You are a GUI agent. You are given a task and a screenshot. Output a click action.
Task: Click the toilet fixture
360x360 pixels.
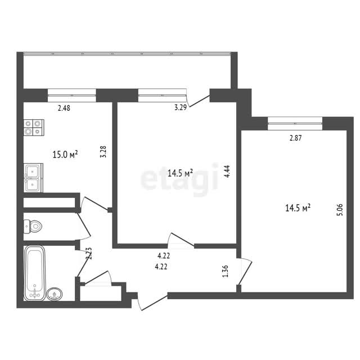tap(33, 227)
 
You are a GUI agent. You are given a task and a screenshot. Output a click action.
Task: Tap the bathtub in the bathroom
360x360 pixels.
tap(35, 273)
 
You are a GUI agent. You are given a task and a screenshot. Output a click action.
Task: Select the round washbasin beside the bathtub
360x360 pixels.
tap(55, 294)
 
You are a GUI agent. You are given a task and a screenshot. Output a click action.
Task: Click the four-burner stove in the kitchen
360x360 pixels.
tap(34, 128)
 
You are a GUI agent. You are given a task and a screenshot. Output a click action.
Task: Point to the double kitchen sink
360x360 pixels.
tap(33, 178)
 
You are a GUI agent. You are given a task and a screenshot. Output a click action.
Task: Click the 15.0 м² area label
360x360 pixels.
tap(65, 154)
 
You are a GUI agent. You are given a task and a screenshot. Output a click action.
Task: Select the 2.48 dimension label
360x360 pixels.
tap(64, 108)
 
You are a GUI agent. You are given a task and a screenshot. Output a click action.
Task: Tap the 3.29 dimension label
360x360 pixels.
tap(181, 107)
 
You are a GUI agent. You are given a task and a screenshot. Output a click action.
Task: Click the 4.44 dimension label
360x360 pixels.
tap(227, 172)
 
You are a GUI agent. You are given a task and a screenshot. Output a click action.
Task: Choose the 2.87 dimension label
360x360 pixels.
tap(295, 138)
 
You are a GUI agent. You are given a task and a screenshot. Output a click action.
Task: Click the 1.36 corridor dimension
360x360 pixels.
tap(226, 271)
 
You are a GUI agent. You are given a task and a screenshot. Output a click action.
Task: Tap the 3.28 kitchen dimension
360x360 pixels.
tap(103, 151)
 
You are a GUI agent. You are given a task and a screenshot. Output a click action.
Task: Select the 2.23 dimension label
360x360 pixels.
tap(89, 253)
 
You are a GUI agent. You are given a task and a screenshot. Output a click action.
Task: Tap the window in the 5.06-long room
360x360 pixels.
tap(295, 124)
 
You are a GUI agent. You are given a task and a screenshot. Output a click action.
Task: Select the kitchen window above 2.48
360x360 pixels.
tap(72, 95)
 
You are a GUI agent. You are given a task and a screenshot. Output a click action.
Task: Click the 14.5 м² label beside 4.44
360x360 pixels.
tap(180, 173)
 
